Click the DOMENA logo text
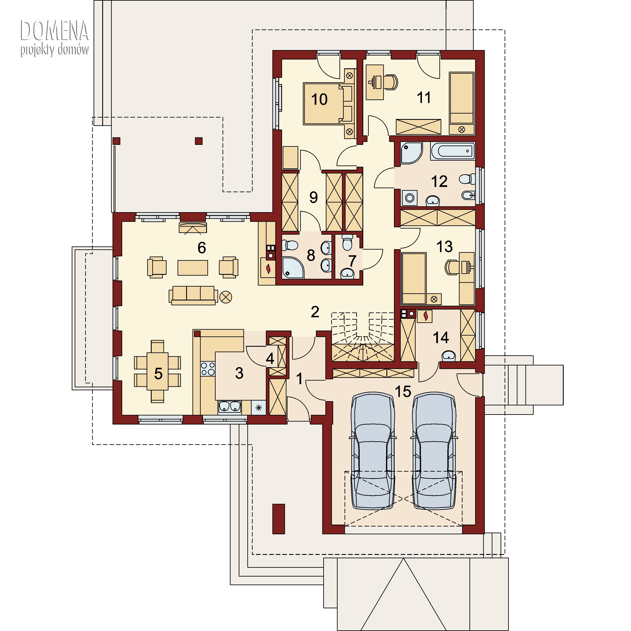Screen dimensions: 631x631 54,30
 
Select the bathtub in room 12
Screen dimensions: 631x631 453,151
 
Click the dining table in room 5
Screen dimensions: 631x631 158,371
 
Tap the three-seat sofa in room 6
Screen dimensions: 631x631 193,296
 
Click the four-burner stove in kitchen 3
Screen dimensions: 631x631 208,369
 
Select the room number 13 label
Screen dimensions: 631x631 444,247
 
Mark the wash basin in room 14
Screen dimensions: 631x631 449,356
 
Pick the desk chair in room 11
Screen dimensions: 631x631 391,82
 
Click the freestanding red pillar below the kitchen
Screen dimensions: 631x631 278,519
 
